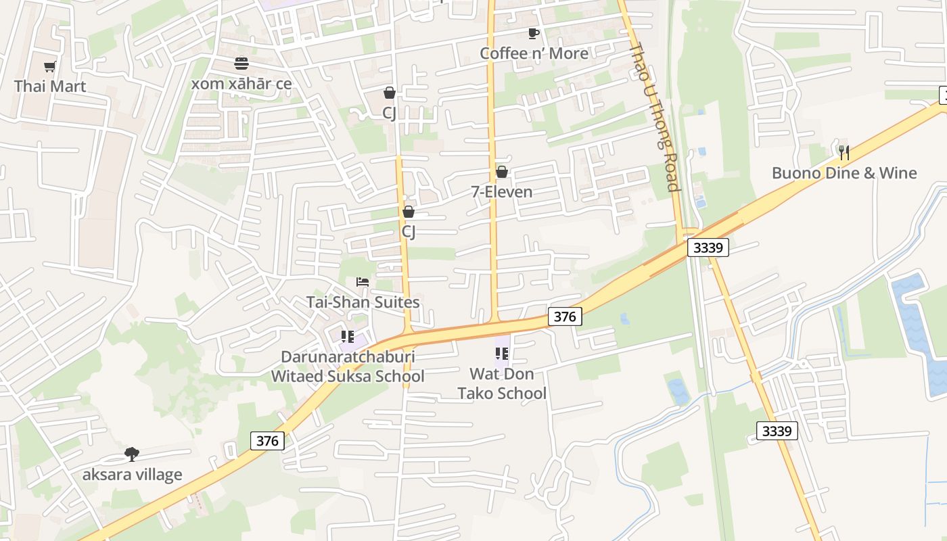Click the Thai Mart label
tap(50, 87)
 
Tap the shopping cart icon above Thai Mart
tap(49, 66)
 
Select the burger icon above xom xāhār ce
tap(241, 64)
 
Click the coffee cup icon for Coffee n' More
tap(534, 33)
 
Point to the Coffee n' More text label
tap(534, 53)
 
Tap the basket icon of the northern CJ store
tap(390, 93)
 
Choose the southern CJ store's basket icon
tap(409, 212)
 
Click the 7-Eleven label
tap(502, 192)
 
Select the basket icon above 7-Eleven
tap(502, 172)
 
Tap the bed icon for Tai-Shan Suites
tap(363, 281)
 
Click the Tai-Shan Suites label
tap(363, 302)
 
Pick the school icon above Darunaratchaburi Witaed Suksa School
tap(348, 336)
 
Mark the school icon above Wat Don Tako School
tap(502, 353)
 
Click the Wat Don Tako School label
tap(502, 383)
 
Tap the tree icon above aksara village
tap(132, 454)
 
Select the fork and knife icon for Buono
tap(844, 152)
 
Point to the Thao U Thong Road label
tap(654, 116)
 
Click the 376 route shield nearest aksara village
tap(268, 441)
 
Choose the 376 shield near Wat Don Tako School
tap(565, 316)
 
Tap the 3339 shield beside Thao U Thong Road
tap(708, 248)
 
